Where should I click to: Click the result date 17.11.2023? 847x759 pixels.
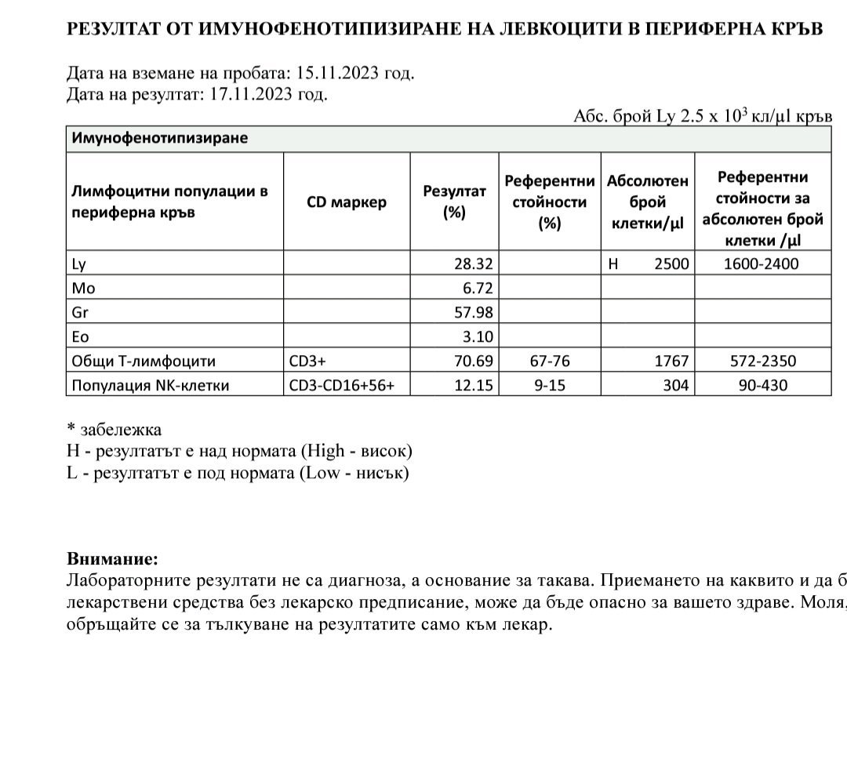250,94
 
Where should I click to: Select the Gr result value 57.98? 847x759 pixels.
474,312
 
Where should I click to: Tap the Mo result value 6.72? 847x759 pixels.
478,288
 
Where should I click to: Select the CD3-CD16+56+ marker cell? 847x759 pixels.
338,385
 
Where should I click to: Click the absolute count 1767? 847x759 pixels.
672,361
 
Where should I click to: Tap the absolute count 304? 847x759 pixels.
677,385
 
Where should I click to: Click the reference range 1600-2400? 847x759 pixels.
762,263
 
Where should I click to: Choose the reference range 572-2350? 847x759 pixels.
762,361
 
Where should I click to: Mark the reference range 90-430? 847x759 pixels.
762,385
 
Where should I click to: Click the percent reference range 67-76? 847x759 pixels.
549,361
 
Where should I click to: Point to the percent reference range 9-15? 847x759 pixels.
549,385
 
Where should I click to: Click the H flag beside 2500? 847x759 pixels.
614,263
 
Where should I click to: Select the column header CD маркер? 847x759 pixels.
347,202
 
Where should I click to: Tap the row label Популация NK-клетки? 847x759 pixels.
151,385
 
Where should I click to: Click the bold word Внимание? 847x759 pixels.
112,559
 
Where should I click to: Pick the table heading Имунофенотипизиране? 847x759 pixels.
160,138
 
